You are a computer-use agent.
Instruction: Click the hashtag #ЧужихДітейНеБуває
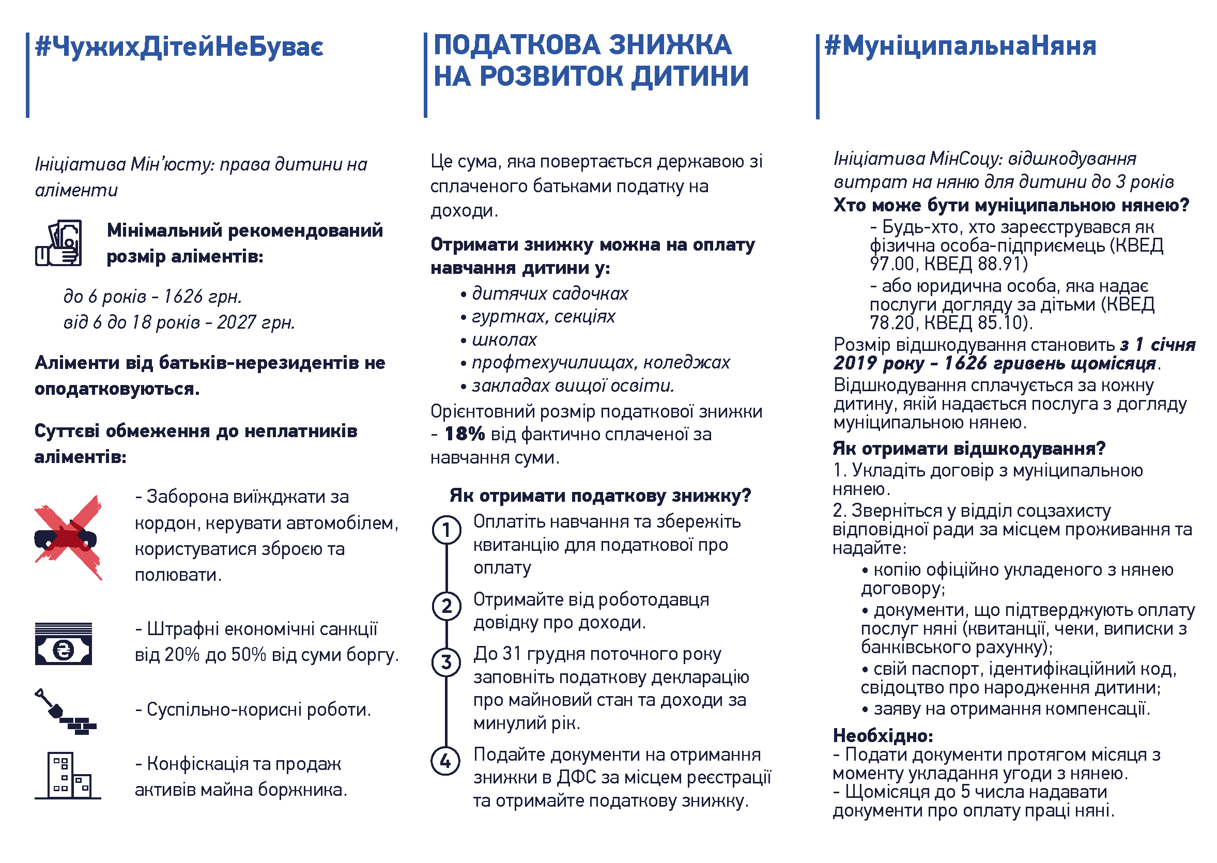pos(179,46)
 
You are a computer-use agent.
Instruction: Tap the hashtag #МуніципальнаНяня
pos(959,46)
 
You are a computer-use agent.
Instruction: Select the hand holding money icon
pos(58,243)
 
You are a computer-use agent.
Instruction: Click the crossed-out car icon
pos(67,537)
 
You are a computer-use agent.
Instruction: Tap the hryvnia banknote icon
pos(63,644)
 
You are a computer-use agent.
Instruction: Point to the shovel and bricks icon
pos(65,712)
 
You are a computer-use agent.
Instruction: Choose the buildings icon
pos(67,775)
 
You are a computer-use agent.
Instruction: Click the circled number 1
pos(446,530)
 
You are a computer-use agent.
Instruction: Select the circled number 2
pos(446,606)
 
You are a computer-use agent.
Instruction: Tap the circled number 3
pos(446,662)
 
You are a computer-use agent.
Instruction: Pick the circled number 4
pos(445,762)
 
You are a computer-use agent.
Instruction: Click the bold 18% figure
pos(465,434)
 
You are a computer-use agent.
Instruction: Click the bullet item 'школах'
pos(504,340)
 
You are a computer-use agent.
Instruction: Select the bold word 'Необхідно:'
pos(882,736)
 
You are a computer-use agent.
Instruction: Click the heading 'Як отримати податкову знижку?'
pos(600,496)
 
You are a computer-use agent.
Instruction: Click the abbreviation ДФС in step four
pos(573,778)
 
